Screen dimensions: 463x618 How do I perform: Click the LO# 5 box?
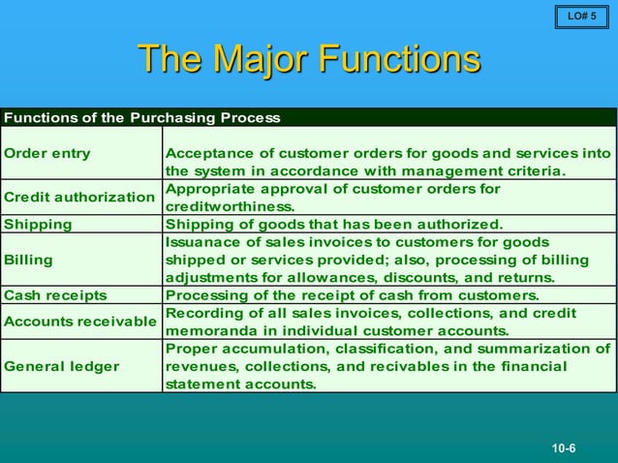point(581,16)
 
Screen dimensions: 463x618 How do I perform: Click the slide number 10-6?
point(564,448)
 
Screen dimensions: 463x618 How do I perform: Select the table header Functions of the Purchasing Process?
point(142,118)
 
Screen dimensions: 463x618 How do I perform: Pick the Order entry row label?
point(47,153)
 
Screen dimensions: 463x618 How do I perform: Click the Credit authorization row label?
point(80,197)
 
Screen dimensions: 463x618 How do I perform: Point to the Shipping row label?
point(39,224)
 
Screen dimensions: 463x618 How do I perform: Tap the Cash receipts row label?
point(56,295)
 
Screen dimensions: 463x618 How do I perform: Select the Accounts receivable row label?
point(81,321)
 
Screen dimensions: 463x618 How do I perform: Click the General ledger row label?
point(62,366)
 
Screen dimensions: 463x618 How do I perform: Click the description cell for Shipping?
point(334,224)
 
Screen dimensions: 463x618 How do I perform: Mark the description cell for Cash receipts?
point(353,295)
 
